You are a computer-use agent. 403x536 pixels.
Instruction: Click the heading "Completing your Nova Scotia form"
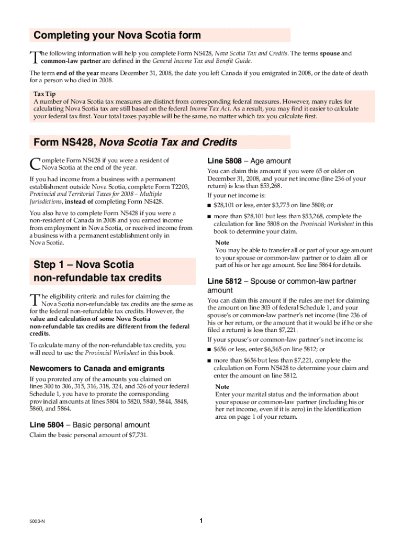click(x=117, y=36)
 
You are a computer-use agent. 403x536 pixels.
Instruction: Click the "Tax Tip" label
click(x=44, y=94)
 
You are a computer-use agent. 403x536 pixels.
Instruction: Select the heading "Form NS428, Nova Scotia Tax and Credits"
click(x=135, y=142)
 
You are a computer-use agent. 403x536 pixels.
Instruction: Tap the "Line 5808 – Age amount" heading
click(x=249, y=161)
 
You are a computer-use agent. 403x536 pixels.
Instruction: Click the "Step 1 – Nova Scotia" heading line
click(x=84, y=264)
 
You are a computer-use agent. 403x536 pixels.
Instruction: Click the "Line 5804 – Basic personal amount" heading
click(x=89, y=425)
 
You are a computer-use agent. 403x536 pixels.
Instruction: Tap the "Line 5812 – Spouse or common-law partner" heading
click(x=282, y=281)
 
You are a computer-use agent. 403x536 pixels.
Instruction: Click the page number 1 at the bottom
click(x=201, y=521)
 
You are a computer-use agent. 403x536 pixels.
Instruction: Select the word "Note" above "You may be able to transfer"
click(x=222, y=243)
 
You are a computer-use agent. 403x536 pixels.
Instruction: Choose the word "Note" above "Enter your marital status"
click(x=222, y=387)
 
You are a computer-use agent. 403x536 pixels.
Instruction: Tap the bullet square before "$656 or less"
click(x=209, y=350)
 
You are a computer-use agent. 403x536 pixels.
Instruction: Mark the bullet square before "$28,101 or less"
click(x=209, y=205)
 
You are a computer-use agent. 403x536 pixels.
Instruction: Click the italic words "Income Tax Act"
click(x=206, y=109)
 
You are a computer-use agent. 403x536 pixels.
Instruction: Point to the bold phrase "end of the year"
click(x=75, y=73)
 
